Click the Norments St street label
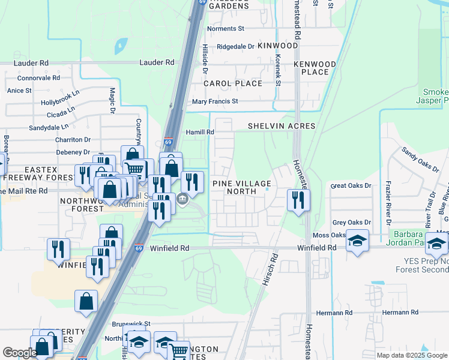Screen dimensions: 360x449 tap(226, 28)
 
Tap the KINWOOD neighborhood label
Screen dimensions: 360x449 tap(278, 46)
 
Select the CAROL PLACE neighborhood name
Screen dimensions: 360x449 tap(233, 83)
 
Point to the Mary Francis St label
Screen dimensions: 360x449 tap(215, 102)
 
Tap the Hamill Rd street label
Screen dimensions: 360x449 tap(201, 132)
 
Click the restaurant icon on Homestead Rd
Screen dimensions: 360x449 tap(298, 200)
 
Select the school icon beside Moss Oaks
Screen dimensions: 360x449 tap(358, 240)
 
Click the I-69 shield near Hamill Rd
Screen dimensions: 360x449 tap(169, 142)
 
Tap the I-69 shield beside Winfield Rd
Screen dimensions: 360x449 tap(139, 247)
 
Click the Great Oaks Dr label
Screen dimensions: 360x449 tap(352, 186)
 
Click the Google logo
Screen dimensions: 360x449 tap(20, 353)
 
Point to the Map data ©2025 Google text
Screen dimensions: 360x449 tap(411, 355)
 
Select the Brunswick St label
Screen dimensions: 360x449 tap(131, 323)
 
